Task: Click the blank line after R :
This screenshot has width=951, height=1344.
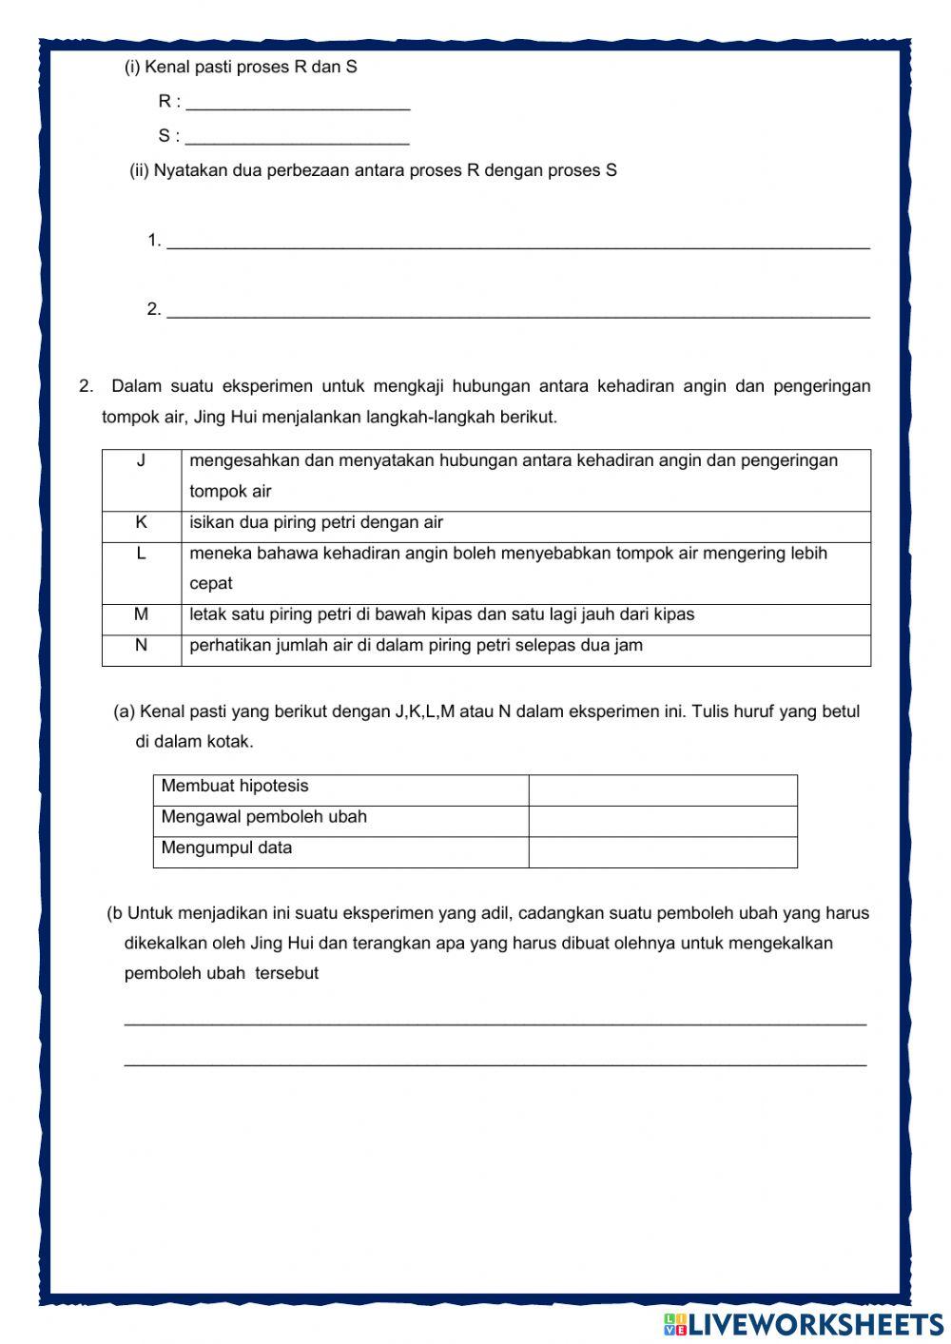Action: tap(298, 103)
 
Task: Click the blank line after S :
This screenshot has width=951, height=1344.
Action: tap(297, 138)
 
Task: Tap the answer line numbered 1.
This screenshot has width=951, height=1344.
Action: tap(517, 242)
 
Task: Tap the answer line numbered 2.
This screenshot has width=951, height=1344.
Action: tap(517, 310)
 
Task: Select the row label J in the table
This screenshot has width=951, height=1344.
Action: tap(142, 461)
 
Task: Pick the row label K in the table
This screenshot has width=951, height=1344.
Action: tap(142, 522)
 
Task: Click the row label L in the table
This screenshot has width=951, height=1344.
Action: tap(142, 554)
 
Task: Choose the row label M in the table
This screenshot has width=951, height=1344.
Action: tap(142, 614)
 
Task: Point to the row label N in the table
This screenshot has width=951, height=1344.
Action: tap(142, 645)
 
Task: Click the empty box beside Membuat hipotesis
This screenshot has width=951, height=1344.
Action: tap(662, 789)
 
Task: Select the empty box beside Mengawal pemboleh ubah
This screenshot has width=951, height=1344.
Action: tap(662, 821)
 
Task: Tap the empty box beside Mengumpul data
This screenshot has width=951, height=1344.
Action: tap(662, 851)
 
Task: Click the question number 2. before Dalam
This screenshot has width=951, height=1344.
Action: tap(87, 386)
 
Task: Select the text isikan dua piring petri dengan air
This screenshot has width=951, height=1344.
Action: tap(316, 522)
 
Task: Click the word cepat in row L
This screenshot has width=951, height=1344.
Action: tap(211, 583)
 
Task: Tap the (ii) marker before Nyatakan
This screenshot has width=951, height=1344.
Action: tap(139, 170)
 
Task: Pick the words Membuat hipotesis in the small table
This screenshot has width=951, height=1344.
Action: tap(235, 786)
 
